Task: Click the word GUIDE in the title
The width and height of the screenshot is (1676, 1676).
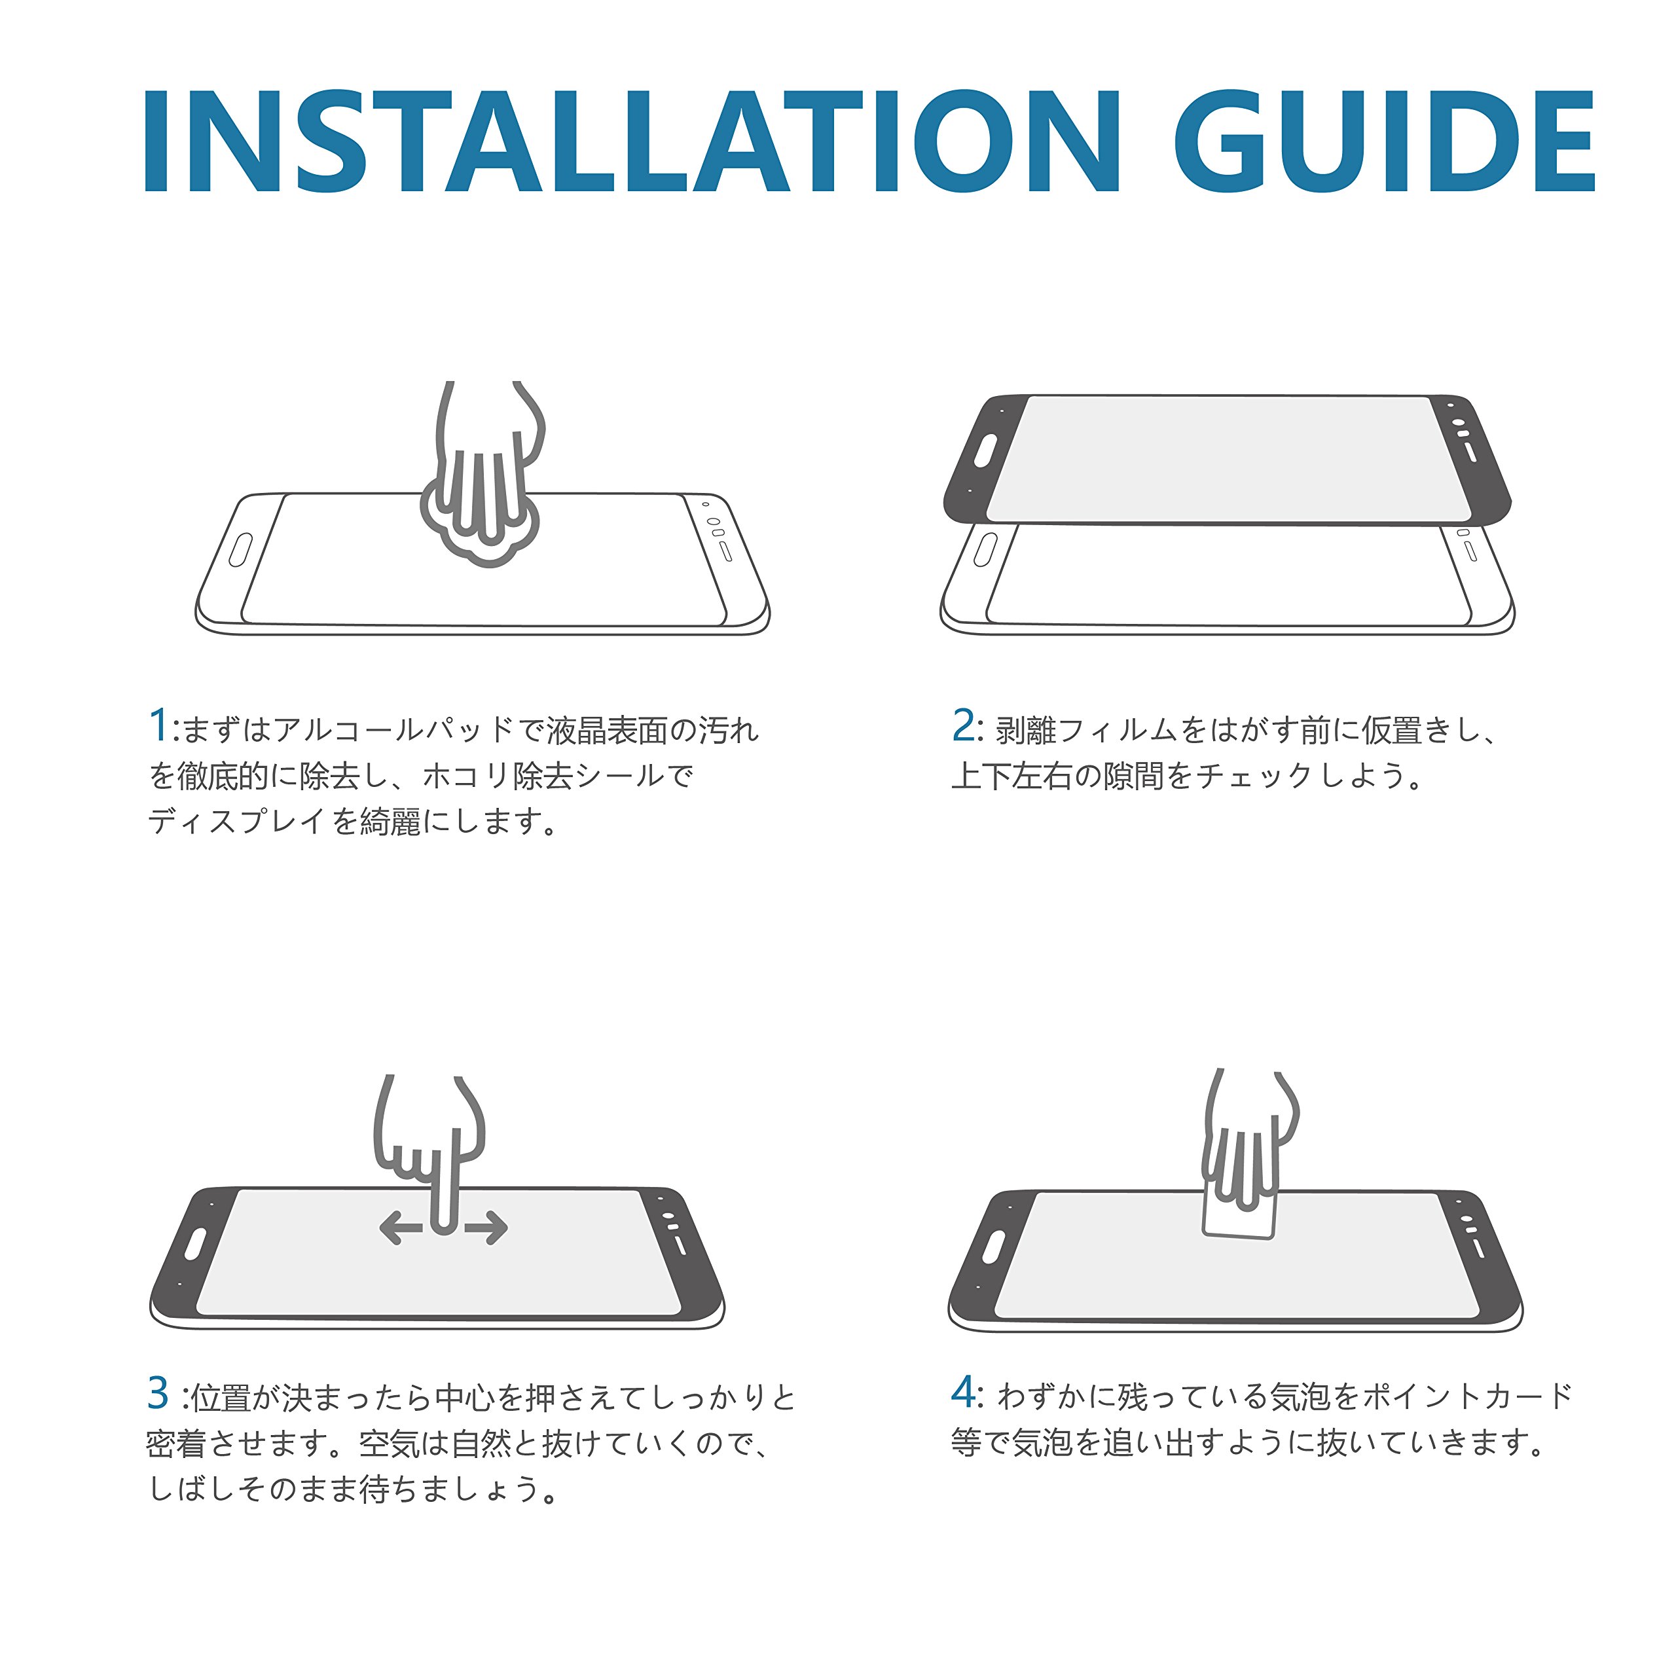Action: (1385, 141)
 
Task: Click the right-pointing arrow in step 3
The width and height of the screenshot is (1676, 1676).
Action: (486, 1228)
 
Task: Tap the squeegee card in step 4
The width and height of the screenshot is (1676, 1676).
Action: (1239, 1210)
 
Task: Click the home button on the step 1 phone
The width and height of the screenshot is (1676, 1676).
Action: (240, 550)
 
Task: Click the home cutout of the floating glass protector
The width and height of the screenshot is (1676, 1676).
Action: (985, 452)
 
